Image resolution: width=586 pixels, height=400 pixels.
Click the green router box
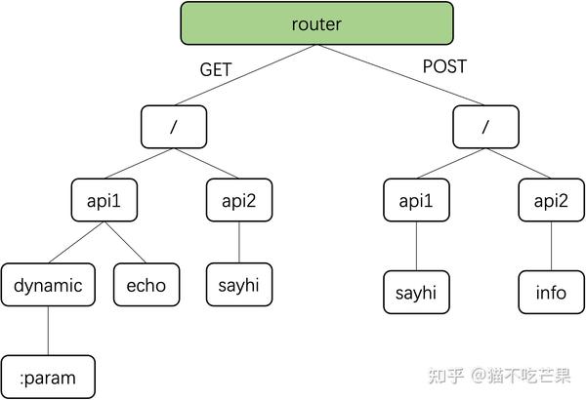click(316, 23)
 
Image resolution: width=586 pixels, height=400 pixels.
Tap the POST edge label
click(443, 67)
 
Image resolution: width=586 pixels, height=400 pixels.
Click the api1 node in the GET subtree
click(105, 201)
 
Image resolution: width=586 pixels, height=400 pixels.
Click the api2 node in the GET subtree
click(238, 201)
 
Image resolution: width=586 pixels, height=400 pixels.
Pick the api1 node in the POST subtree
click(416, 201)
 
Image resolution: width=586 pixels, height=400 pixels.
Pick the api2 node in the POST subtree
click(551, 201)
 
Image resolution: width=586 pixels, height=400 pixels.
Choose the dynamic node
click(48, 286)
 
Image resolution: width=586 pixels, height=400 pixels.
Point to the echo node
click(146, 286)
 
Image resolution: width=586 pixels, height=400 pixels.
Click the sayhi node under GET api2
click(238, 286)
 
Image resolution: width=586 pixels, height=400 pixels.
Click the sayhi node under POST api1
click(416, 293)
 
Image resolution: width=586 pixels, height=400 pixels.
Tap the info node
click(551, 293)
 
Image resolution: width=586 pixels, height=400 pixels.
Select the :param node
click(48, 377)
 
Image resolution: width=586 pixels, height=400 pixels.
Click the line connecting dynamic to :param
click(48, 332)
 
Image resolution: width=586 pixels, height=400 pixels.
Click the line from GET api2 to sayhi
click(238, 243)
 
